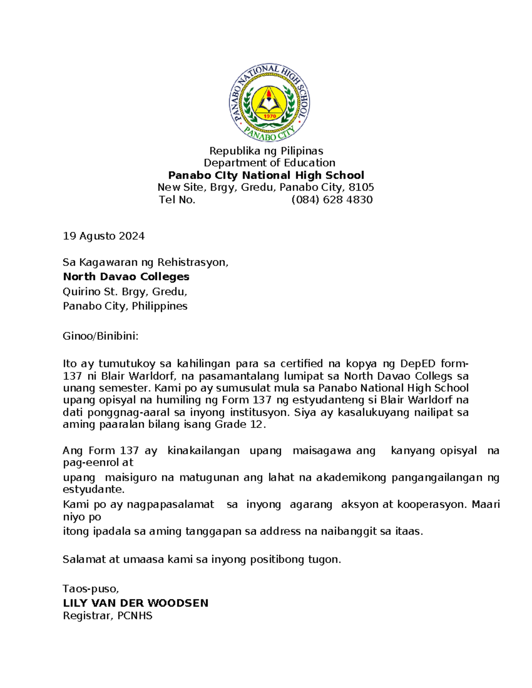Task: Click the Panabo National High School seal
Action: [270, 103]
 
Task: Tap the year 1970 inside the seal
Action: [270, 117]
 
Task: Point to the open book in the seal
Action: [270, 105]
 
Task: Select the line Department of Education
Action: [269, 163]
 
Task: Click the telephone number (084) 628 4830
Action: [332, 200]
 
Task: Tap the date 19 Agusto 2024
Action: [104, 236]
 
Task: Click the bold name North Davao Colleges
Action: [126, 277]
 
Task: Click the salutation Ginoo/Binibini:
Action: [101, 336]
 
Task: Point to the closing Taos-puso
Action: [90, 589]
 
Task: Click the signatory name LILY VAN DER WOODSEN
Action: [136, 603]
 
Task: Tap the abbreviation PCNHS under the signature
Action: [135, 616]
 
